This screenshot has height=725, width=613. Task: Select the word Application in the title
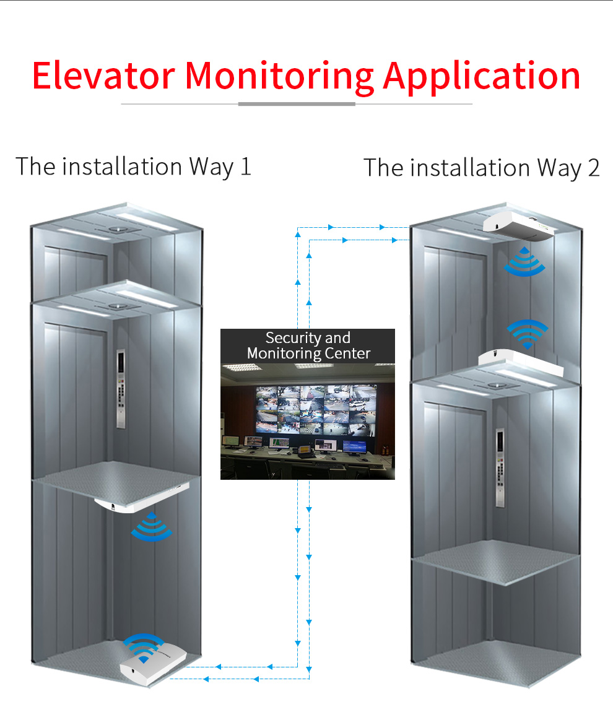pyautogui.click(x=482, y=77)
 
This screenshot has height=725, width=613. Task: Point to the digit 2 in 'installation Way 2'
pyautogui.click(x=593, y=168)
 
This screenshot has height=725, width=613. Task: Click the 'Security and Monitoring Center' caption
pyautogui.click(x=308, y=345)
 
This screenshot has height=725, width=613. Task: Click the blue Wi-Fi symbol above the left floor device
pyautogui.click(x=144, y=647)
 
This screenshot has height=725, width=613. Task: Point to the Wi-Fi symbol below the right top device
pyautogui.click(x=524, y=261)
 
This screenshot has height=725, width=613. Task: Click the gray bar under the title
pyautogui.click(x=297, y=104)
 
